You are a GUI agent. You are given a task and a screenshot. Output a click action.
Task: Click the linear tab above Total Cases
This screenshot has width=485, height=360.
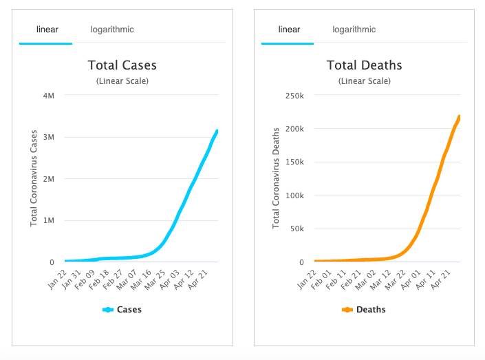(46, 30)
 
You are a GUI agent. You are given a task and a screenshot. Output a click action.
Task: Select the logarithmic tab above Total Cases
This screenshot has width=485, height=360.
(112, 30)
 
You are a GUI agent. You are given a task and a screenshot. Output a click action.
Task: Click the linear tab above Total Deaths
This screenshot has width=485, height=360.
(288, 30)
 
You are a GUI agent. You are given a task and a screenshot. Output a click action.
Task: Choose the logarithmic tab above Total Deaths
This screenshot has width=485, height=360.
(354, 30)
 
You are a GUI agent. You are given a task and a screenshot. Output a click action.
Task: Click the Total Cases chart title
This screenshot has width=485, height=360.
(122, 66)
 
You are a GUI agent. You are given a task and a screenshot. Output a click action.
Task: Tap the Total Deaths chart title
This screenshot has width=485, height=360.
(364, 66)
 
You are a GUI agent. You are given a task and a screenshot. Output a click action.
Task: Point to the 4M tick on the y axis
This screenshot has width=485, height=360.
(49, 95)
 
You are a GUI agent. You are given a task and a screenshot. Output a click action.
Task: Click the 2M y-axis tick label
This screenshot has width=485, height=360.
(49, 179)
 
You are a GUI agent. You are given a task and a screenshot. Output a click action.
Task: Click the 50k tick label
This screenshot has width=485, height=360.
(296, 229)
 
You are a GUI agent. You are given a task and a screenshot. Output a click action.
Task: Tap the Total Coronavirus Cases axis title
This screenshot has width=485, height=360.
(33, 178)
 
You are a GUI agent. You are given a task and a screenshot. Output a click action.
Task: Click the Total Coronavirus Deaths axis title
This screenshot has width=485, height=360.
(275, 178)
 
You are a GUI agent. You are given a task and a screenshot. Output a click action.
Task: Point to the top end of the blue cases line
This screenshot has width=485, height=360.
(217, 130)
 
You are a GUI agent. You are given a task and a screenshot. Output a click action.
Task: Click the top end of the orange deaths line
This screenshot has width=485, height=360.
(459, 116)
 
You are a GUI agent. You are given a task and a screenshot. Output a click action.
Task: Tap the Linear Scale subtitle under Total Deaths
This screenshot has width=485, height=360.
(364, 81)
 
